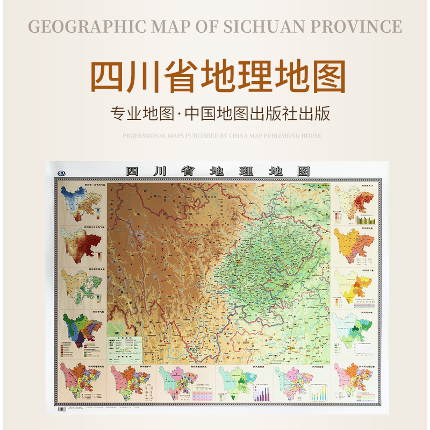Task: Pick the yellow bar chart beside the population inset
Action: pyautogui.click(x=365, y=219)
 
